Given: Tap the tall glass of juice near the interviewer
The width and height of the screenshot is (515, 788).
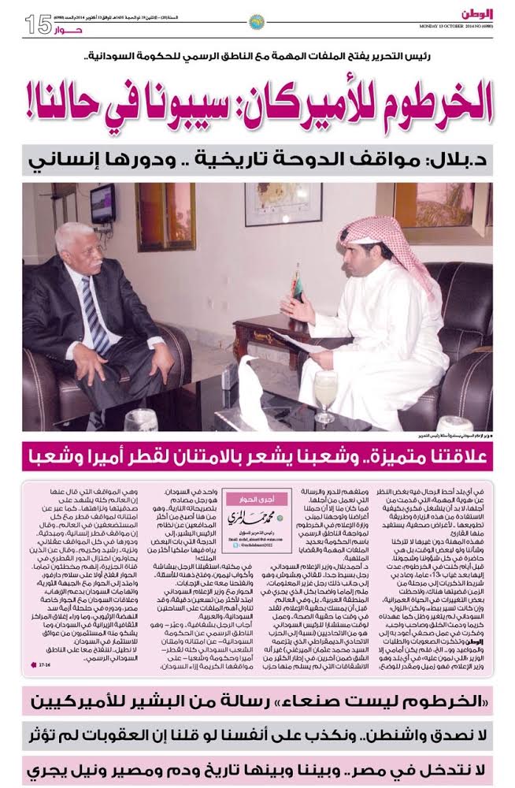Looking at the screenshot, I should pos(324,394).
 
